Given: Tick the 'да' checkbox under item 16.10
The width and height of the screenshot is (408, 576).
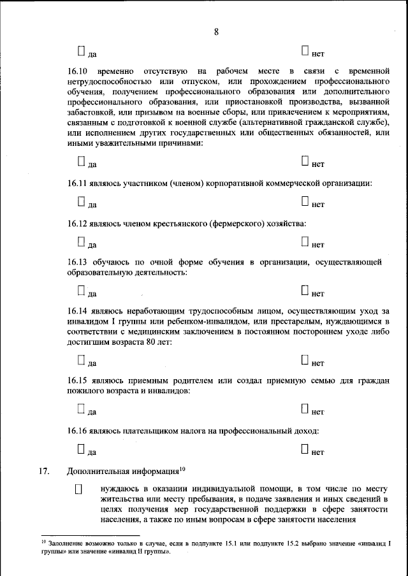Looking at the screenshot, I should (81, 162).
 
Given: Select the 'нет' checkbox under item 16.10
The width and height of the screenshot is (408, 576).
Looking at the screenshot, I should (305, 162).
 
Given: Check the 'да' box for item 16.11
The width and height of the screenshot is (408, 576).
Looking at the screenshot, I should (81, 201).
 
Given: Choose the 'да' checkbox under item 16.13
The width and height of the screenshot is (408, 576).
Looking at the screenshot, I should (81, 291).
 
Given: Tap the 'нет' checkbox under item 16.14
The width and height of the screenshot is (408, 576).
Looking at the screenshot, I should (305, 361).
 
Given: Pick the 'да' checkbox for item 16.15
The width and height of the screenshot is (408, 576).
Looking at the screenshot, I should (81, 409).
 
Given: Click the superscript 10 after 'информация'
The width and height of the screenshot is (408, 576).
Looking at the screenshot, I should (182, 469).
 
